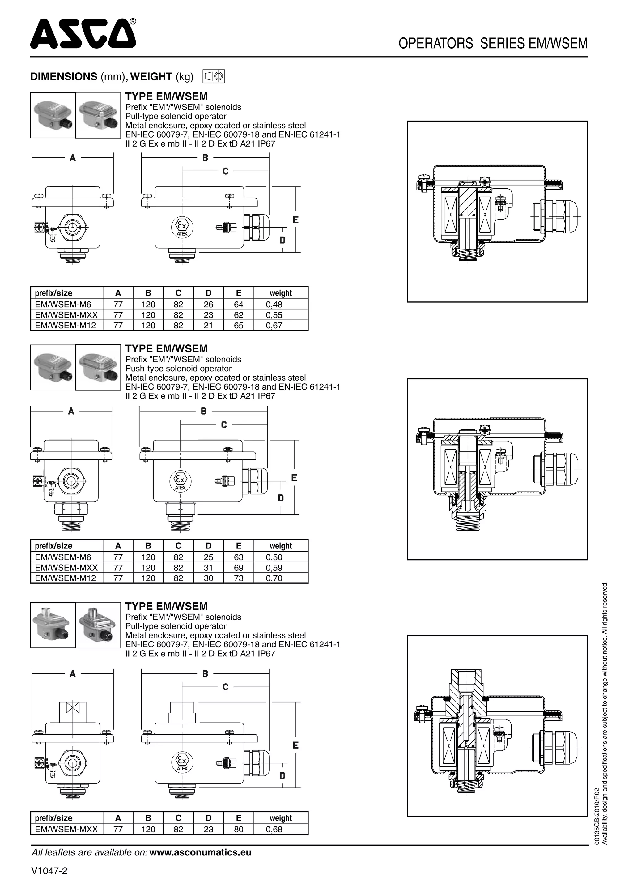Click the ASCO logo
pyautogui.click(x=83, y=34)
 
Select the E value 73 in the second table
pyautogui.click(x=238, y=578)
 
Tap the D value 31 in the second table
pyautogui.click(x=208, y=568)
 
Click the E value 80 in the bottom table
pyautogui.click(x=238, y=829)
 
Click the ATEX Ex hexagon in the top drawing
pyautogui.click(x=182, y=227)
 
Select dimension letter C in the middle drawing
pyautogui.click(x=224, y=425)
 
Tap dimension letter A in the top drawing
pyautogui.click(x=73, y=158)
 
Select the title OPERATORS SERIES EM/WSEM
pyautogui.click(x=493, y=43)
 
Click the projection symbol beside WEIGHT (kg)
pyautogui.click(x=214, y=76)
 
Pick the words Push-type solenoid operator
pyautogui.click(x=178, y=369)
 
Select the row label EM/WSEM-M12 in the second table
pyautogui.click(x=65, y=578)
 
